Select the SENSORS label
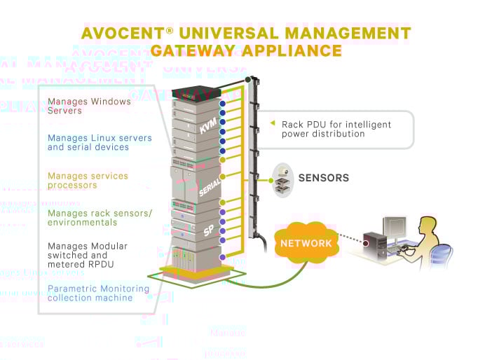point(323,178)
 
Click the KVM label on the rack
point(209,126)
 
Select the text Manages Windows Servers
point(89,106)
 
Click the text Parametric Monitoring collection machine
point(98,293)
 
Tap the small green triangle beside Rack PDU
point(273,123)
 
